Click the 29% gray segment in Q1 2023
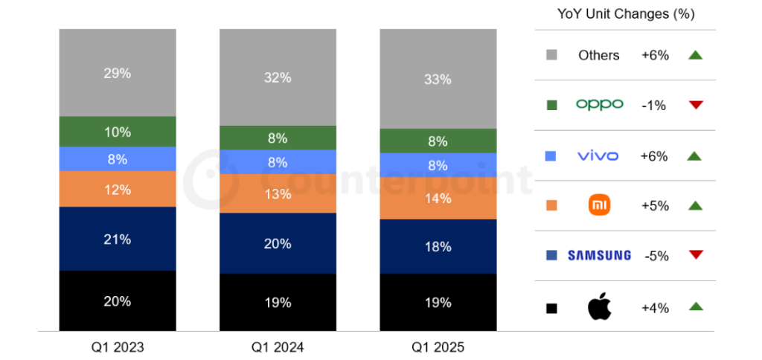point(118,73)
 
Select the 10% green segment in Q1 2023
point(118,132)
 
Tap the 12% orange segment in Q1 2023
point(118,189)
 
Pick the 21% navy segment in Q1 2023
point(118,239)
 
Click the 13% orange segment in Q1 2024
point(278,193)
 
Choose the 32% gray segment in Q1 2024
point(278,77)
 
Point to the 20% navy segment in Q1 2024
point(278,243)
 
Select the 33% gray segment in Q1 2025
point(438,79)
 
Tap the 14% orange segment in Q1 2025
point(438,198)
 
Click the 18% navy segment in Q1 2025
point(438,246)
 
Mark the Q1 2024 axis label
point(278,347)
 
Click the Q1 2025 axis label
point(438,347)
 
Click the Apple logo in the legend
point(599,306)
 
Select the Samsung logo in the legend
point(599,255)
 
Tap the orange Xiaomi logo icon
point(599,205)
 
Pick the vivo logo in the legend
point(599,155)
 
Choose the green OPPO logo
point(599,105)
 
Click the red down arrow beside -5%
point(696,255)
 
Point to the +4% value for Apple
point(655,306)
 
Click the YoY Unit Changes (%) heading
point(625,14)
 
